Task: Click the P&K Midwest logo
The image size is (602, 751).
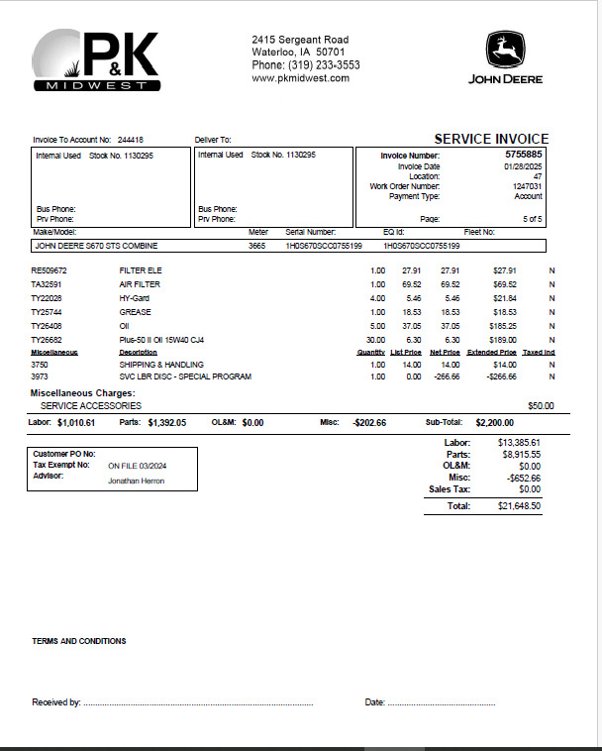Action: (96, 59)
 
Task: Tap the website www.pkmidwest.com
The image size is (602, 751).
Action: (300, 78)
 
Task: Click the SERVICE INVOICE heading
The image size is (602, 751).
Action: (491, 140)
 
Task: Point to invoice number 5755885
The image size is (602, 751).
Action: (523, 155)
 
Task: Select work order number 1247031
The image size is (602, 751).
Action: (527, 186)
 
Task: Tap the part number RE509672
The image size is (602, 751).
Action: (49, 270)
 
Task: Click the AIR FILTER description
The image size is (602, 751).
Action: (139, 284)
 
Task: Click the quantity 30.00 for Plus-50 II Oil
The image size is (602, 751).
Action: (376, 340)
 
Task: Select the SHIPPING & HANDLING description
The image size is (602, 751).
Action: (161, 365)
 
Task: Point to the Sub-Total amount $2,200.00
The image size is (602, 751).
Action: (494, 422)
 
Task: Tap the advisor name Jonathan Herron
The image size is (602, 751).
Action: (137, 482)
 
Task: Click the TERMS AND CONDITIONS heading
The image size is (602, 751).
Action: (79, 641)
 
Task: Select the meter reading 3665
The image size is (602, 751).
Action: (257, 245)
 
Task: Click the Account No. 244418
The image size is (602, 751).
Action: (130, 141)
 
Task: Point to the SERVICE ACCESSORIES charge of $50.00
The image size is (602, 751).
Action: (541, 406)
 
